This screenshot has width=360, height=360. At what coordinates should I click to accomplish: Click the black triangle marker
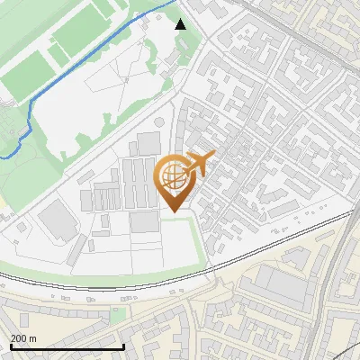tap(181, 23)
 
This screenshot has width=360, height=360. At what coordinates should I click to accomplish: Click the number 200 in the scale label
tap(18, 338)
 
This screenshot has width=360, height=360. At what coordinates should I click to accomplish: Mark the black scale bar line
tap(67, 346)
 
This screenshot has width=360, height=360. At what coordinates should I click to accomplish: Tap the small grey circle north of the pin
tap(159, 122)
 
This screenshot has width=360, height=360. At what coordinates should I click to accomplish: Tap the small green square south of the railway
tap(118, 314)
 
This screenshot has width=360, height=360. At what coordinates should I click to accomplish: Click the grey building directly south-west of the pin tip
tap(144, 221)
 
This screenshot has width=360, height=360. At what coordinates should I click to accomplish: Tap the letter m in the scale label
tap(32, 338)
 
